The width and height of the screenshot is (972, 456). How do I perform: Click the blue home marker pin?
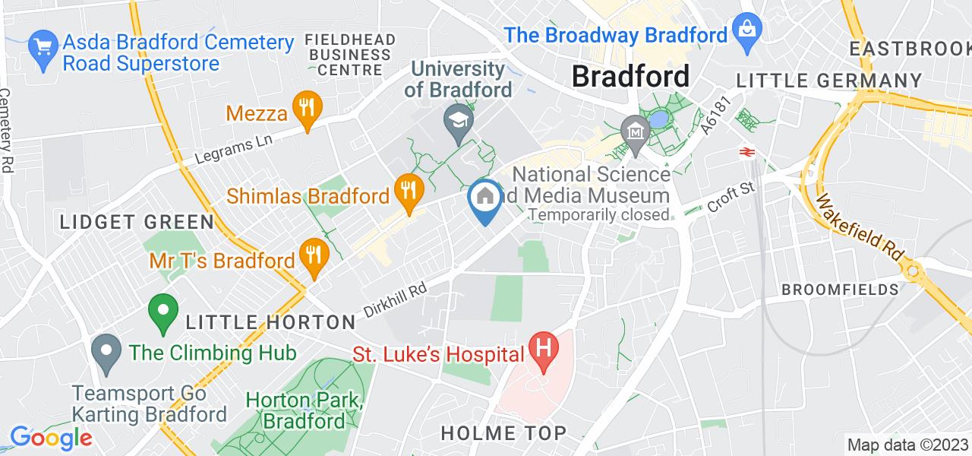(x=485, y=199)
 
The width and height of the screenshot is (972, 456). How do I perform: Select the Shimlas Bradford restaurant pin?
(x=409, y=191)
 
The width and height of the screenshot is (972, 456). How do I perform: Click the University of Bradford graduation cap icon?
(x=459, y=123)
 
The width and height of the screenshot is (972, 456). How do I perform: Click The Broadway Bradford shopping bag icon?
(x=748, y=31)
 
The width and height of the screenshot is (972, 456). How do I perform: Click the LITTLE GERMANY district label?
(x=828, y=81)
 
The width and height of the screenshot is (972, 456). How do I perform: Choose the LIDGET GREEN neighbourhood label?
(x=137, y=222)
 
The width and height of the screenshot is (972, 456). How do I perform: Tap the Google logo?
(x=50, y=438)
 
